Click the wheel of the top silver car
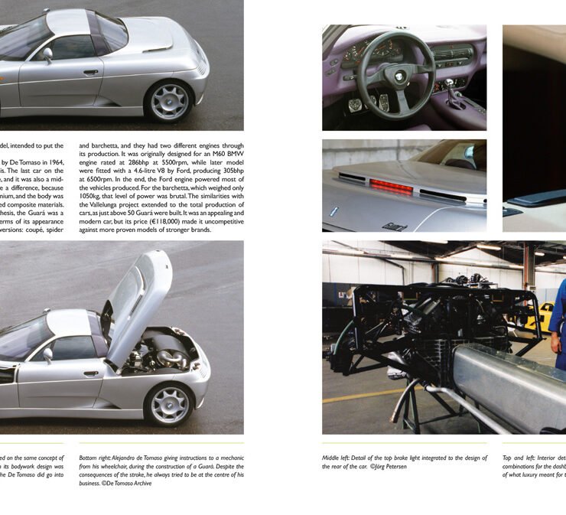pos(170,102)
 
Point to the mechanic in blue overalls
pos(558,321)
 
